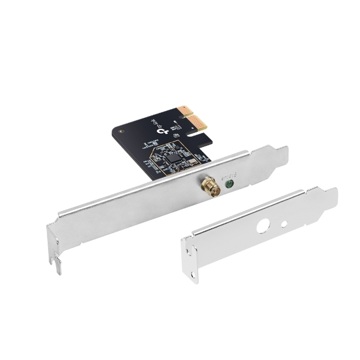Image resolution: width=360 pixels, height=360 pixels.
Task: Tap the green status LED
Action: [x=229, y=182]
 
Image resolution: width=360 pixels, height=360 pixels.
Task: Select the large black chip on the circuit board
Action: [x=175, y=157]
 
